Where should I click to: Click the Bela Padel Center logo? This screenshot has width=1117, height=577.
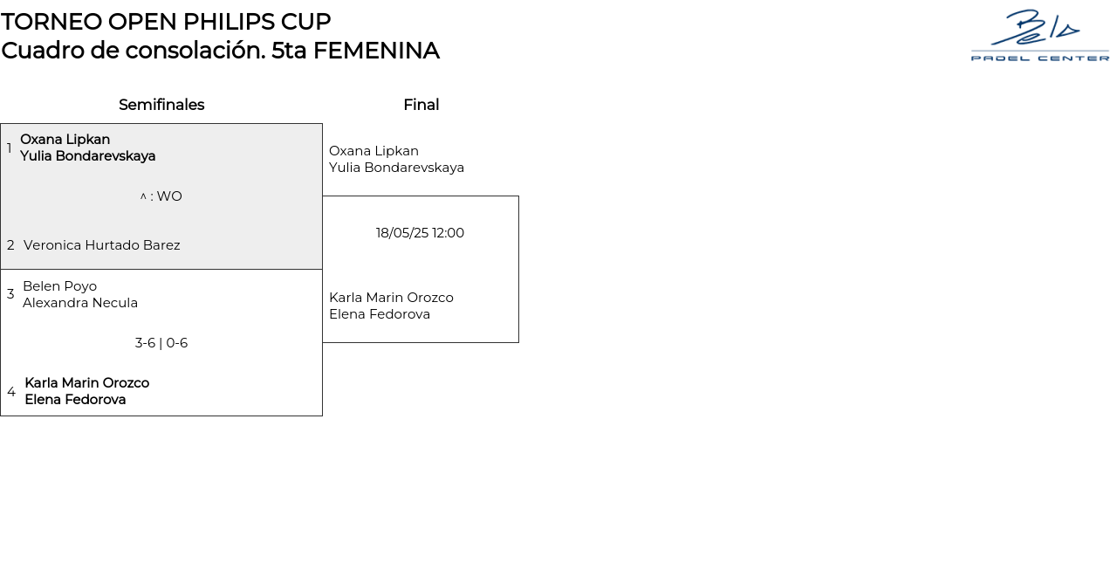coord(1039,36)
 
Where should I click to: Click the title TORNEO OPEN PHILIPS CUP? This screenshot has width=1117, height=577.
coord(166,21)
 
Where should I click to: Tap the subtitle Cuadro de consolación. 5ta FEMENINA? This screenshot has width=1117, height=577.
coord(220,51)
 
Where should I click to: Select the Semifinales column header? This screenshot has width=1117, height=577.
coord(161,105)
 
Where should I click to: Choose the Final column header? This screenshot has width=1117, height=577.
coord(421,105)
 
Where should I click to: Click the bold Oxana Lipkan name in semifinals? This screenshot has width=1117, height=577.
coord(65,140)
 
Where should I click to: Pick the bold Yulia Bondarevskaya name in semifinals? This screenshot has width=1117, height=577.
coord(87,156)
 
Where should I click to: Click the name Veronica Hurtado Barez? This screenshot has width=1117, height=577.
coord(101,245)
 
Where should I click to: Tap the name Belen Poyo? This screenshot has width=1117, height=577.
coord(59,286)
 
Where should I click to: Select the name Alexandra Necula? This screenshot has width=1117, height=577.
coord(80,303)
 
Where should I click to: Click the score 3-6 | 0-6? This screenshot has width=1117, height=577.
coord(161,343)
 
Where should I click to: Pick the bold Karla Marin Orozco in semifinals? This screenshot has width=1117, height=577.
coord(86,383)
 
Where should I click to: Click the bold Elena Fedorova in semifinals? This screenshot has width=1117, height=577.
coord(75,400)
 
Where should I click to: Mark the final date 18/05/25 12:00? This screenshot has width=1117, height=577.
coord(420,233)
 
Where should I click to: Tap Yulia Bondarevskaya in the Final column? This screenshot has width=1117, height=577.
coord(396,168)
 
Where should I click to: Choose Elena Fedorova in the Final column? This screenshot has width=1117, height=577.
coord(380,314)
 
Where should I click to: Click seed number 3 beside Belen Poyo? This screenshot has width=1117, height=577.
coord(10,294)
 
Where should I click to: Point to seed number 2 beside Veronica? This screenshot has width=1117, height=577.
coord(10,245)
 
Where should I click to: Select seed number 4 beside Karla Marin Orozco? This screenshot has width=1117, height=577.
coord(11,392)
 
